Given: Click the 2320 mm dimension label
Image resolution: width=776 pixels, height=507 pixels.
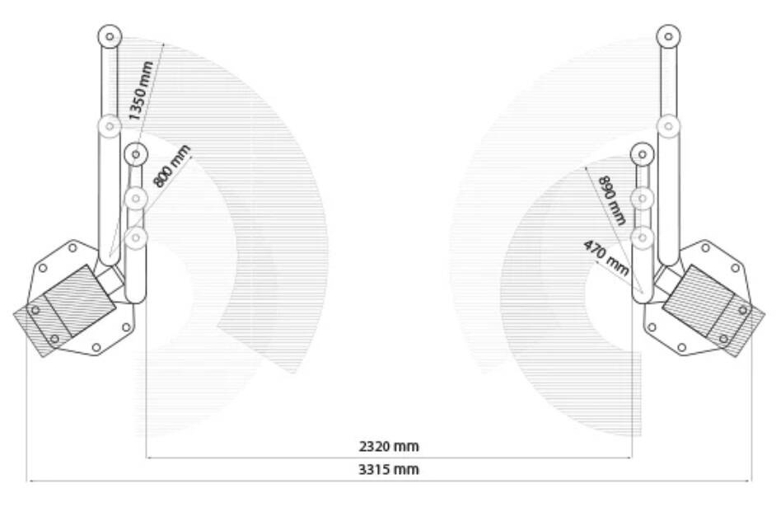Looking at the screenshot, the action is point(389,446).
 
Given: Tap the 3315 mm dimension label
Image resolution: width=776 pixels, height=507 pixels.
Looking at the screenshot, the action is point(389,469).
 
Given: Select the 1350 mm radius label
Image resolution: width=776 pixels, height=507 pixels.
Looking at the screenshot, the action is point(141,91).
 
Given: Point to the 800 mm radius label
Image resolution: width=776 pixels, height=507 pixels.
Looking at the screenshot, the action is point(171,166).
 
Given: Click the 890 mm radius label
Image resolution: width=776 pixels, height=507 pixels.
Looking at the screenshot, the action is point(612,200).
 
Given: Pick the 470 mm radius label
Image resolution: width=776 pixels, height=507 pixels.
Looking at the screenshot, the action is point(605,257).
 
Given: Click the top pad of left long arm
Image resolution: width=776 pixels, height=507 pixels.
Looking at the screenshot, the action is point(110,36).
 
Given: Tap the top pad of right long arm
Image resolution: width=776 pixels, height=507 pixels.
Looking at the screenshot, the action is point(669,36).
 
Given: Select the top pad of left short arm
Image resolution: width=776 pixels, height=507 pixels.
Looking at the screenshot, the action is point(136,154).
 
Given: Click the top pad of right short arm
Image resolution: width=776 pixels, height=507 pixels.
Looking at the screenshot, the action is point(643,154).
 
